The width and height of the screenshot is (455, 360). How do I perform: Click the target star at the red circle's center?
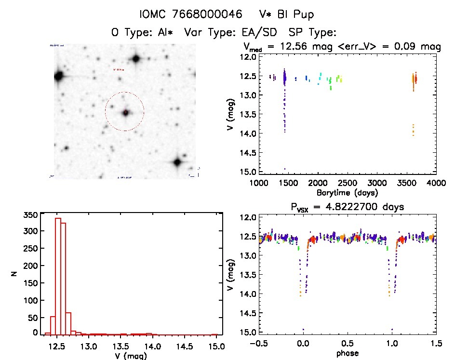[125, 112]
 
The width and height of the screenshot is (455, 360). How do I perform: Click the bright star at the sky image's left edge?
[59, 76]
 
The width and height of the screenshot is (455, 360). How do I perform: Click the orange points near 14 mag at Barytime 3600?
[413, 130]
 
